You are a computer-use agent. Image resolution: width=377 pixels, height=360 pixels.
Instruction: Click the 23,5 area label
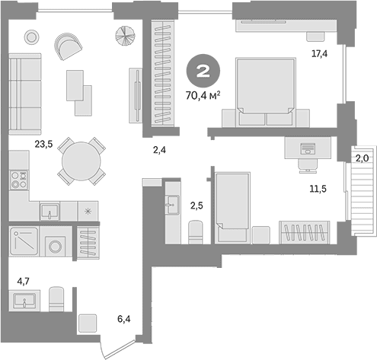pyautogui.click(x=43, y=145)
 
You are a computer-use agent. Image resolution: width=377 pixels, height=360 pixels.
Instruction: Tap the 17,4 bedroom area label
pyautogui.click(x=320, y=54)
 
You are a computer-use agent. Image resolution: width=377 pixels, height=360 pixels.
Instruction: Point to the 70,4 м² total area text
pyautogui.click(x=203, y=96)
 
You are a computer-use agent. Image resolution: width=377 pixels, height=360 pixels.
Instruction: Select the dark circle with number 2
pyautogui.click(x=203, y=71)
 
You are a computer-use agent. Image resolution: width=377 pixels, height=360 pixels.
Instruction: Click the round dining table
pyautogui.click(x=81, y=161)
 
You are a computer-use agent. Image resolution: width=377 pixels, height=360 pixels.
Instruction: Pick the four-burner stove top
pyautogui.click(x=19, y=180)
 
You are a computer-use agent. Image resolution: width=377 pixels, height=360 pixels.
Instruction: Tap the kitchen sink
pyautogui.click(x=50, y=211)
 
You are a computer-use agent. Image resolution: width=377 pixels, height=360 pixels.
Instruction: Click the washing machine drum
pyautogui.click(x=55, y=246)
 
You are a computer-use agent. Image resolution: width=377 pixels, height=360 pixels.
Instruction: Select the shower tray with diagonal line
pyautogui.click(x=24, y=241)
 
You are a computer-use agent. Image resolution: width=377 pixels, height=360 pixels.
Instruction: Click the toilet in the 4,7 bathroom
pyautogui.click(x=56, y=299)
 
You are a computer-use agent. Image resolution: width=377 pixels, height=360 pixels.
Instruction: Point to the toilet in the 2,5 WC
pyautogui.click(x=196, y=232)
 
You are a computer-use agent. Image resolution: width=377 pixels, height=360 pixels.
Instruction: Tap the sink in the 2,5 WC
pyautogui.click(x=172, y=205)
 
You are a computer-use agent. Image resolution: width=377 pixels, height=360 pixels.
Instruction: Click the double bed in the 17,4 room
pyautogui.click(x=266, y=92)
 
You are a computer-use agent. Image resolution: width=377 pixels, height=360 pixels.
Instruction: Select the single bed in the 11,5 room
pyautogui.click(x=232, y=207)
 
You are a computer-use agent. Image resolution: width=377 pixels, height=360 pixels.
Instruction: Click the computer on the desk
pyautogui.click(x=308, y=148)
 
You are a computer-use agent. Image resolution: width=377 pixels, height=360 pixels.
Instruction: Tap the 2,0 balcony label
pyautogui.click(x=362, y=158)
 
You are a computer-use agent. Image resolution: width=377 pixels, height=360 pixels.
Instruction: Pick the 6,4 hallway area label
pyautogui.click(x=124, y=319)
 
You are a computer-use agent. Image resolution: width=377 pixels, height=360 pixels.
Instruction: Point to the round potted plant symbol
pyautogui.click(x=126, y=36)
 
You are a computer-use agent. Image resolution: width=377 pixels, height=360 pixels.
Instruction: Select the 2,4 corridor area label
pyautogui.click(x=159, y=150)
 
